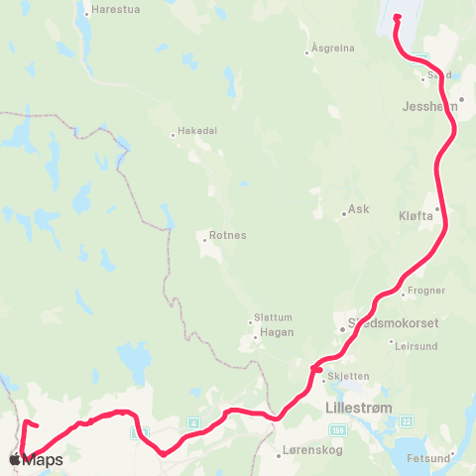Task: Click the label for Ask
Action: tap(359, 211)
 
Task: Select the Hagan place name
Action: tap(274, 335)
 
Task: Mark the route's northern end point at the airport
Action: tap(397, 17)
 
